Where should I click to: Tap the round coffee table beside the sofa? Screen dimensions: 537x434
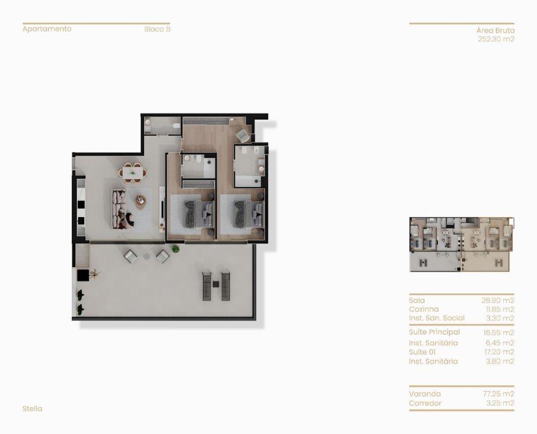pyautogui.click(x=141, y=201)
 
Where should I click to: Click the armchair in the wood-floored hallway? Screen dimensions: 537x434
pyautogui.click(x=243, y=134)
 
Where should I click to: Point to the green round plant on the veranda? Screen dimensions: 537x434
pyautogui.click(x=176, y=249)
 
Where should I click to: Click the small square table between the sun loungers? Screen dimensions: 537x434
pyautogui.click(x=216, y=284)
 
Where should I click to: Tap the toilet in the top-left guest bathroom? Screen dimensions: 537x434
pyautogui.click(x=176, y=125)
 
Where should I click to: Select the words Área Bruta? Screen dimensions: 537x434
pyautogui.click(x=495, y=31)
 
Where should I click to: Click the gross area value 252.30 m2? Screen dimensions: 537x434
pyautogui.click(x=496, y=39)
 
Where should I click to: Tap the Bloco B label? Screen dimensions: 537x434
pyautogui.click(x=157, y=29)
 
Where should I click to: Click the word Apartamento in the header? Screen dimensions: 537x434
pyautogui.click(x=47, y=29)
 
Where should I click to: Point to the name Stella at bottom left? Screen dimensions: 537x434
pyautogui.click(x=33, y=409)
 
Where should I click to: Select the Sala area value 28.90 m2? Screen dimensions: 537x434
pyautogui.click(x=497, y=301)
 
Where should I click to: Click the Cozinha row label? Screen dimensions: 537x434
pyautogui.click(x=423, y=310)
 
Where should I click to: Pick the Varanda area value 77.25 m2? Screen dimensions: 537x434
pyautogui.click(x=499, y=394)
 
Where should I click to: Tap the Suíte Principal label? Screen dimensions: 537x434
pyautogui.click(x=434, y=332)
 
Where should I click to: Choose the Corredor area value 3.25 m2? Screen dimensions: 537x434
pyautogui.click(x=500, y=403)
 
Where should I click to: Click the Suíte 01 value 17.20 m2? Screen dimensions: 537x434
pyautogui.click(x=499, y=352)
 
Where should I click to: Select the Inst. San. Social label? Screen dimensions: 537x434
pyautogui.click(x=436, y=318)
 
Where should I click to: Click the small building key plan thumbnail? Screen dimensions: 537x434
pyautogui.click(x=461, y=244)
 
